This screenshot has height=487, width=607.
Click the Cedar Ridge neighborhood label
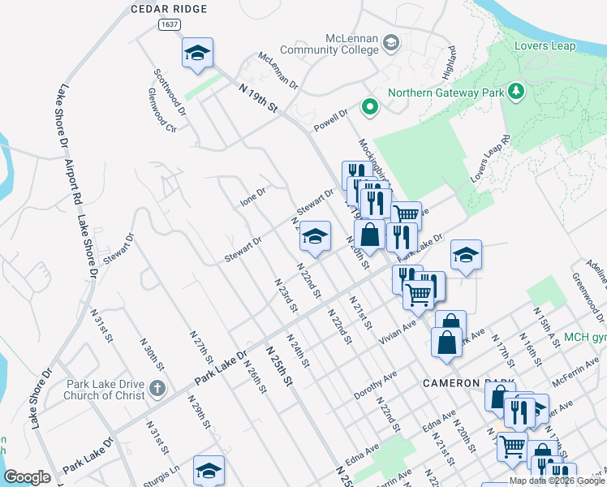[x=169, y=9]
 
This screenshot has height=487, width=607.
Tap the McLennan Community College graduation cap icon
[x=390, y=42]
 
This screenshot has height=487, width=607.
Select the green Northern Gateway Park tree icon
[x=514, y=92]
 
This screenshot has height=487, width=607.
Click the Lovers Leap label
[x=545, y=46]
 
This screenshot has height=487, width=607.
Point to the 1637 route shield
[x=169, y=25]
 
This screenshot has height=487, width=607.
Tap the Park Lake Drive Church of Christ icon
[x=157, y=390]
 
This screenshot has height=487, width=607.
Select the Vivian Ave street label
[x=398, y=334]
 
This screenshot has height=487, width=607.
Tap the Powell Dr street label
[x=332, y=118]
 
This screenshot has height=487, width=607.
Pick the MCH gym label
[x=585, y=337]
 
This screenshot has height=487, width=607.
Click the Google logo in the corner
[x=27, y=477]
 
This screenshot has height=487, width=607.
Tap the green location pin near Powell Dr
[x=370, y=106]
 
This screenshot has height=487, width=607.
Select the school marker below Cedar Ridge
[x=197, y=54]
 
